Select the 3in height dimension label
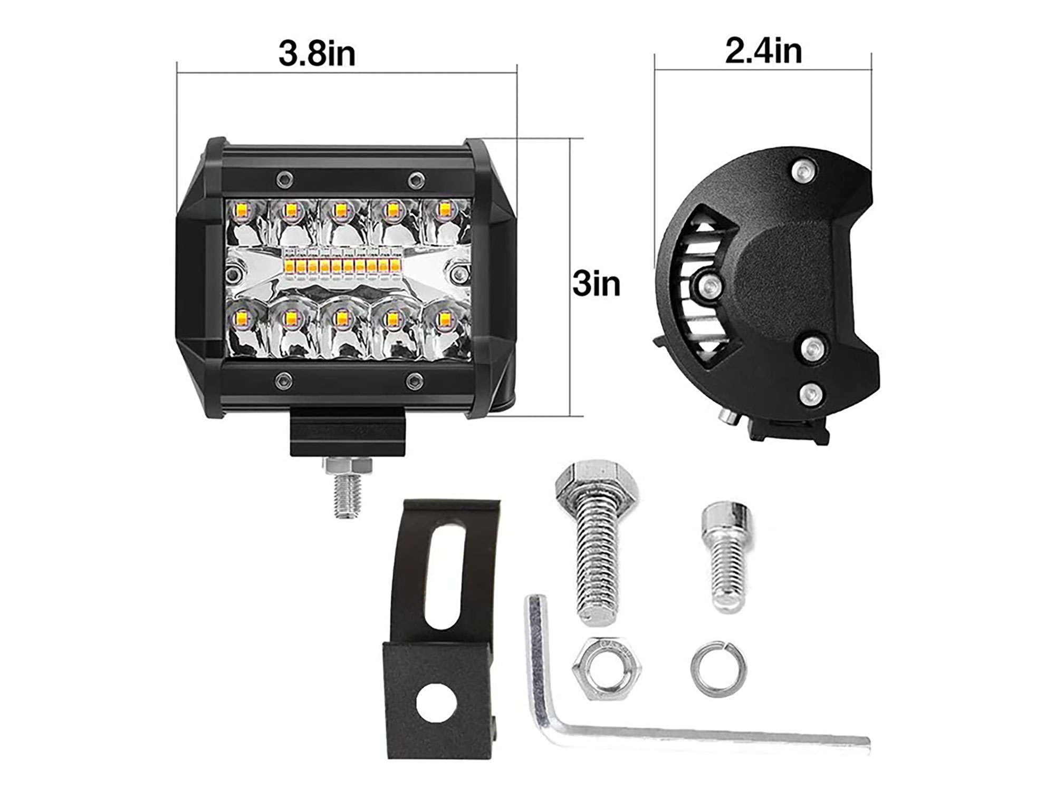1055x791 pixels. (597, 285)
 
